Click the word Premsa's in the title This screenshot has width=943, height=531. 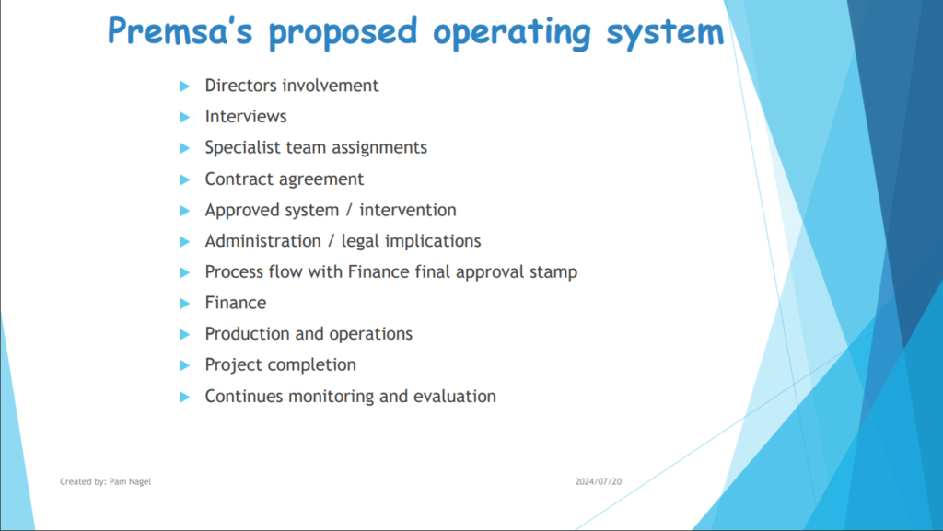180,30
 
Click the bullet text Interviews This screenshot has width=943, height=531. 246,116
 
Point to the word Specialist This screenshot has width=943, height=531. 243,148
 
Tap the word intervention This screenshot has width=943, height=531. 408,210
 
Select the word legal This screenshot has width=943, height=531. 361,241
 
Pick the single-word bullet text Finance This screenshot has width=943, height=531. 236,303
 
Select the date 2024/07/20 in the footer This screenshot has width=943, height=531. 599,481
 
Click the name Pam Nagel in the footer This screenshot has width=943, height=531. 131,481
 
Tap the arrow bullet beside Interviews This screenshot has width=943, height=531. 184,117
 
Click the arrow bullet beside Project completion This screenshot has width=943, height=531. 184,365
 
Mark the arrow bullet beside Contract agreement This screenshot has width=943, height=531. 184,179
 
